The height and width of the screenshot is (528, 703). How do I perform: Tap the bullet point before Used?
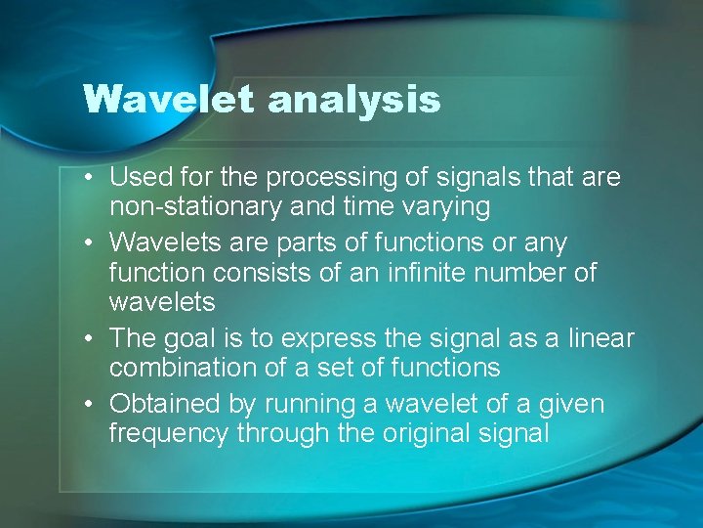tap(89, 178)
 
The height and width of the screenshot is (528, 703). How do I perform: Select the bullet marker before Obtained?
tap(89, 404)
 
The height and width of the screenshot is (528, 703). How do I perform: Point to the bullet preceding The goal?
tap(89, 339)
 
